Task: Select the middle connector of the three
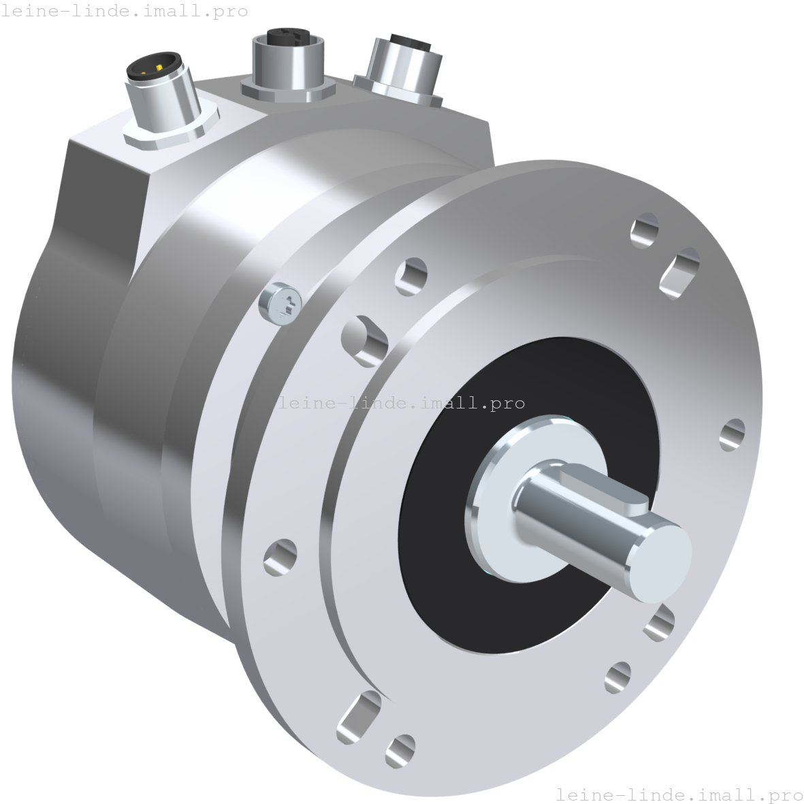(x=288, y=63)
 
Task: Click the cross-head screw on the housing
(x=280, y=304)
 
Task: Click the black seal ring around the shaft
(x=528, y=495)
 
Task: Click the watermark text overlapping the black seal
(x=401, y=403)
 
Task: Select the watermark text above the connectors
(x=124, y=11)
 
